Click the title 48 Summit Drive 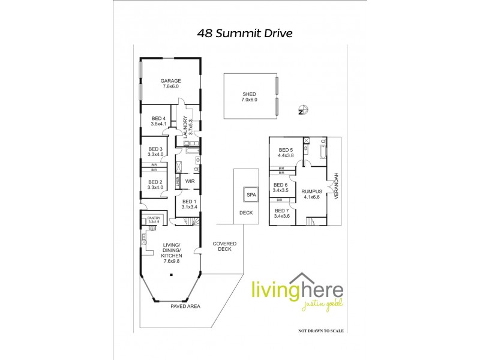click(x=245, y=34)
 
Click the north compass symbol click(x=304, y=110)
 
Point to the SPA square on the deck click(x=250, y=196)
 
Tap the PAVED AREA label click(x=186, y=306)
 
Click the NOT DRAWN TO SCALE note click(x=323, y=331)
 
